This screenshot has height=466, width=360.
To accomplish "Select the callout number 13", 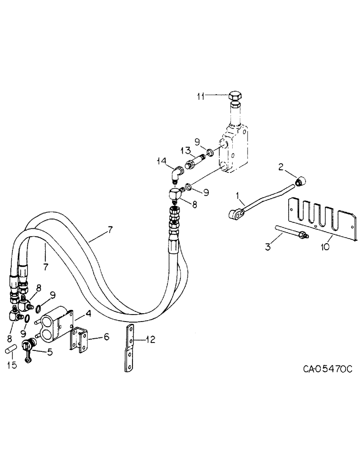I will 185,150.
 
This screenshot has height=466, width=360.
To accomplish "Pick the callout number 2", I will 281,166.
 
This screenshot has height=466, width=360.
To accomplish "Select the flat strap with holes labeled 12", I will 131,348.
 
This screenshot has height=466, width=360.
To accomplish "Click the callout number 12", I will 148,340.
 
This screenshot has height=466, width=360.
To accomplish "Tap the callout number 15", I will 13,365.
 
